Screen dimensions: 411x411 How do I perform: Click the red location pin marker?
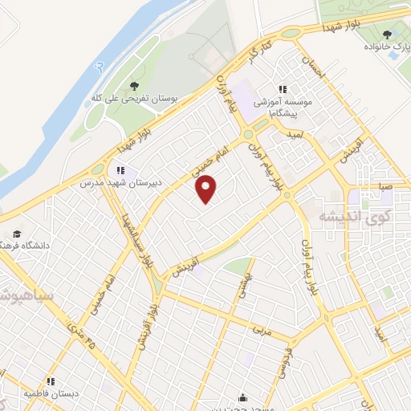tap(207, 189)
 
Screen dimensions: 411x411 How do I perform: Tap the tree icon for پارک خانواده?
tap(388, 35)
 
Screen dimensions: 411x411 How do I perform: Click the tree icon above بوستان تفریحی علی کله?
tap(134, 87)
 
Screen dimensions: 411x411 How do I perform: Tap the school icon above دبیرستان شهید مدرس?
tap(120, 170)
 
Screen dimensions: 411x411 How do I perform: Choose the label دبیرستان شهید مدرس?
tap(120, 182)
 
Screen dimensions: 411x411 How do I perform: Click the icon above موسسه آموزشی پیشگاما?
tap(283, 90)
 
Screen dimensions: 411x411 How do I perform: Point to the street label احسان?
tap(314, 67)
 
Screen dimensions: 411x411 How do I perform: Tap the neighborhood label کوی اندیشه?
tap(354, 217)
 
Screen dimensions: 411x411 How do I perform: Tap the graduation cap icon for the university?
tap(17, 233)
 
